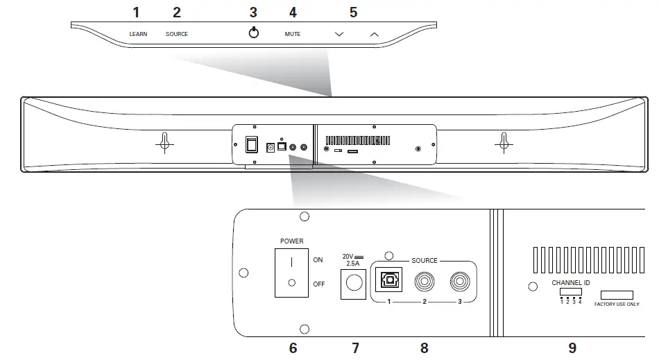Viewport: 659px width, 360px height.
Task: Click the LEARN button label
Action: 138,34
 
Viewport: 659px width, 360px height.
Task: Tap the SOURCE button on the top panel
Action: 176,34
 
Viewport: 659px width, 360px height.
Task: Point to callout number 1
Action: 136,12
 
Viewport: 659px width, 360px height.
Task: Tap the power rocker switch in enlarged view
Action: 291,273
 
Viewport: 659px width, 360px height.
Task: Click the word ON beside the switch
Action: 318,260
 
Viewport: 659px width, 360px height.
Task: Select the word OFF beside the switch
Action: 318,283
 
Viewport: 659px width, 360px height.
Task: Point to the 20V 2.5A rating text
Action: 352,260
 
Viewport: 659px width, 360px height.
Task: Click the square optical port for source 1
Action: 387,280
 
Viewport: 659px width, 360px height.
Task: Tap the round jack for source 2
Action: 424,281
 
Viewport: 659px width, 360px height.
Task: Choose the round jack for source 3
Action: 459,281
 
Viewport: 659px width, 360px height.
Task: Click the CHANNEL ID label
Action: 571,283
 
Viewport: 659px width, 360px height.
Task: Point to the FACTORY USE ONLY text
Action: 617,304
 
